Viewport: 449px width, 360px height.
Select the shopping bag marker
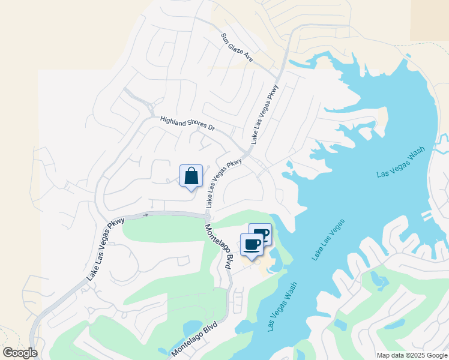[x=191, y=176]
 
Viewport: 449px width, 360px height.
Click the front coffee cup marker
[x=252, y=244]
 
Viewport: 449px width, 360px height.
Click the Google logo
[x=20, y=353]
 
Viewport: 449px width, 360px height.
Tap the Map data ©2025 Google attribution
[x=412, y=355]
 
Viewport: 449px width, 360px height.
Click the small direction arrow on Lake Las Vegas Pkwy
[x=145, y=214]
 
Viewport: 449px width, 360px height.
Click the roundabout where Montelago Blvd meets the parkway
[x=208, y=217]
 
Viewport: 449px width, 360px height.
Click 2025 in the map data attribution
[x=414, y=355]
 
